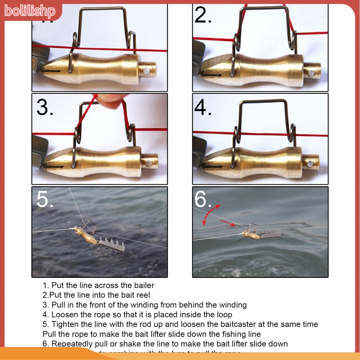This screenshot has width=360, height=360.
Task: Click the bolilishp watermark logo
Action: point(30,11)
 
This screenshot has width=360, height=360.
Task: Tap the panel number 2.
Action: point(203,16)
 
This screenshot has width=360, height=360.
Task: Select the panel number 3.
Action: point(45,108)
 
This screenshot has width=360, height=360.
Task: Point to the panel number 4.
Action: point(203,108)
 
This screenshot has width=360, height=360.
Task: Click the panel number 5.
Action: point(45,200)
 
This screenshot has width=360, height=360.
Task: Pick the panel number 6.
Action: point(203,200)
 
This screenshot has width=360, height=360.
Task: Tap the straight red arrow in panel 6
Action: point(228,223)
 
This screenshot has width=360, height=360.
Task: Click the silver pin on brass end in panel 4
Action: point(310,164)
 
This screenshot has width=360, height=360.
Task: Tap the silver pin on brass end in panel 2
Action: point(311,73)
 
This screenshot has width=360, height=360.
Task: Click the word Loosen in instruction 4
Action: point(64,315)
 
